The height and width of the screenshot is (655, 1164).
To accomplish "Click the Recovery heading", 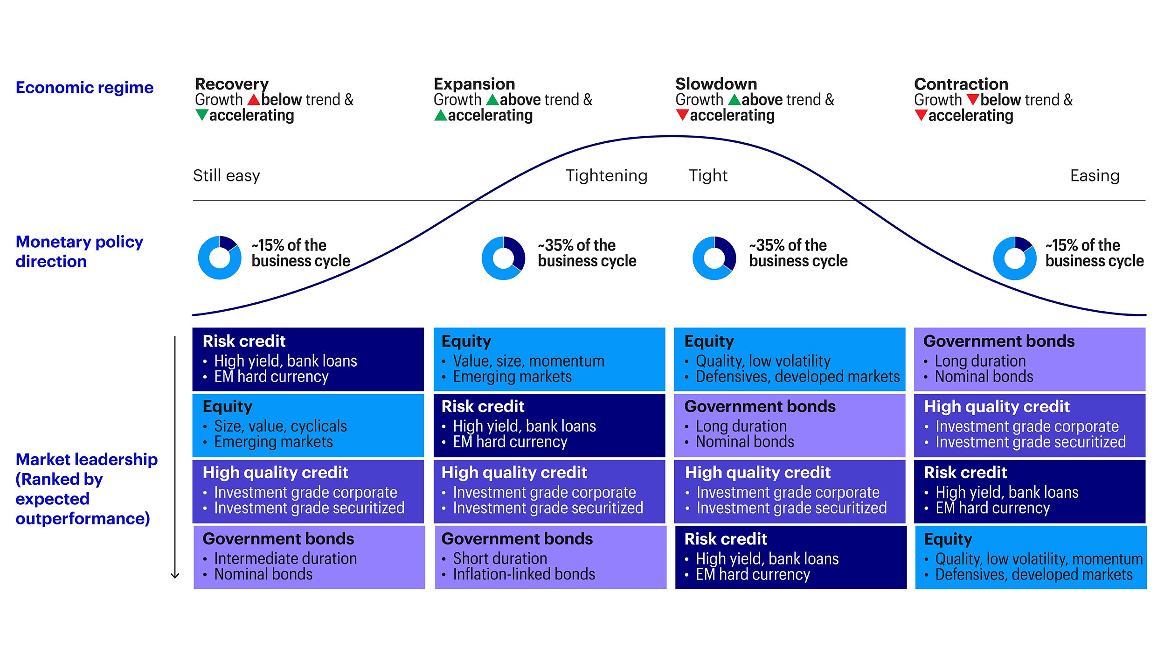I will coord(231,84).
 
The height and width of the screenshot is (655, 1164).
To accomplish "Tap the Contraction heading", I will coord(961,84).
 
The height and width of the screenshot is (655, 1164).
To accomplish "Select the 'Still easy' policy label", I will coord(226,175).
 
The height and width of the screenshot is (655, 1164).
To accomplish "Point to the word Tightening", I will coord(606,175).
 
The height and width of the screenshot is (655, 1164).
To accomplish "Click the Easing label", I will coord(1095,175).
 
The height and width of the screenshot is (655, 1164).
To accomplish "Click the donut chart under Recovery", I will coord(220,258).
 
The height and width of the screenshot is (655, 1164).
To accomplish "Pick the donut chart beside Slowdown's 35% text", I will coord(714,258).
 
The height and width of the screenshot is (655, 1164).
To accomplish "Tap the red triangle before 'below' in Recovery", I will coord(254,99).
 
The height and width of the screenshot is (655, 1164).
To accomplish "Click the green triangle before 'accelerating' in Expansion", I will coord(440,115).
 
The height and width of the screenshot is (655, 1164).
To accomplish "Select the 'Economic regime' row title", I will coord(84,87).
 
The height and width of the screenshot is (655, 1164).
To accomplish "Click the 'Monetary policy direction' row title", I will coord(79,251).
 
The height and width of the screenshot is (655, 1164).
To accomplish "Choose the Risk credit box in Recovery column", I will coord(308,359).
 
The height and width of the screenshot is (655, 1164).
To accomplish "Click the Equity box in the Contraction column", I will coord(1031,557).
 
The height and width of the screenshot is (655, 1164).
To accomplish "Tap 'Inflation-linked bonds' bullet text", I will coord(524,574).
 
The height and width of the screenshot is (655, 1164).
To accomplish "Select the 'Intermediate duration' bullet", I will coord(285,558).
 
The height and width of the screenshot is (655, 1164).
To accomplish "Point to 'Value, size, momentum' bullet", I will coord(528,361).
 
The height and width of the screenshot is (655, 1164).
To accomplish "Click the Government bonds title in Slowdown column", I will coord(760,406).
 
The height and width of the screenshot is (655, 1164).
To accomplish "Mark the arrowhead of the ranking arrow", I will coord(175,575).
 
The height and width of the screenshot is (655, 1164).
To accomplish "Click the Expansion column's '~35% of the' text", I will coord(576,245).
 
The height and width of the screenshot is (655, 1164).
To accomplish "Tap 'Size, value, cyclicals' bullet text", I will coord(280,426).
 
